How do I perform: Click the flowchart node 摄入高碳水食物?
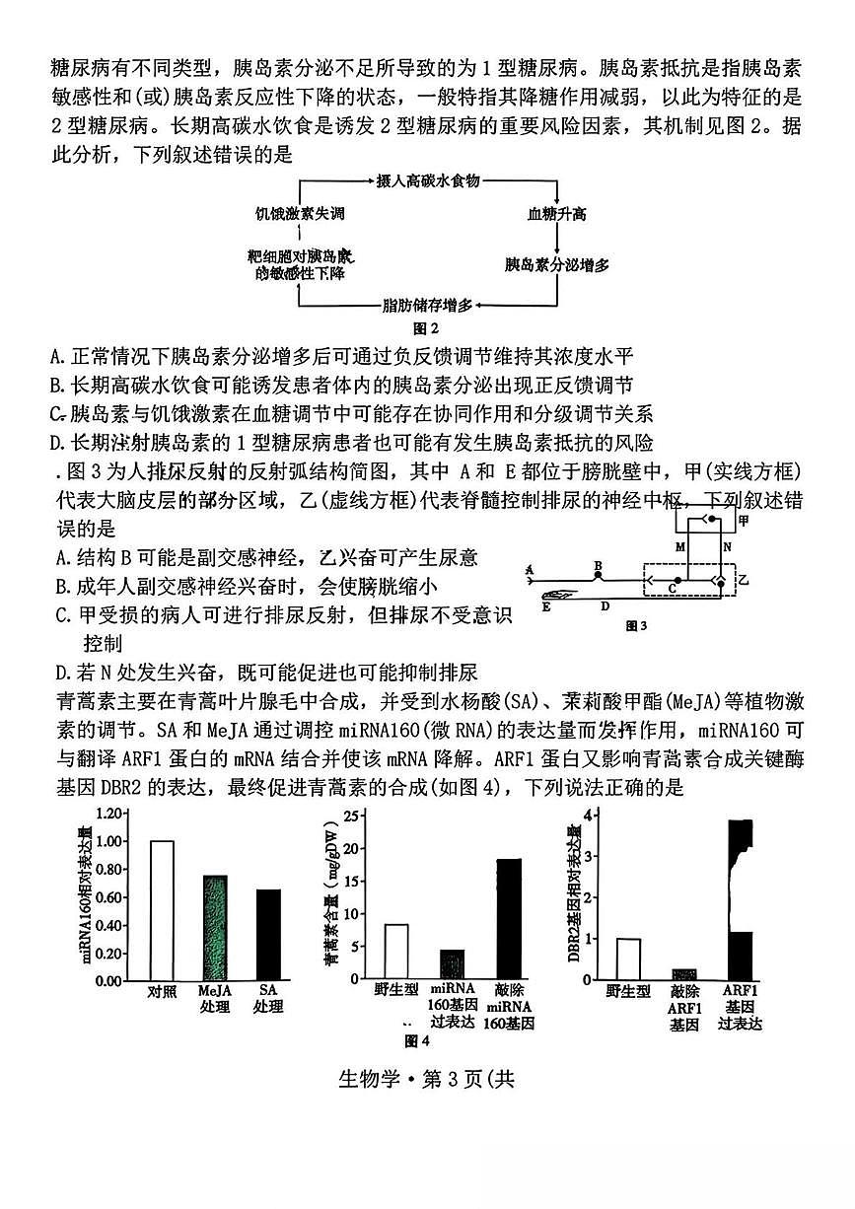(x=427, y=180)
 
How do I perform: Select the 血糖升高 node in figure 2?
(x=556, y=213)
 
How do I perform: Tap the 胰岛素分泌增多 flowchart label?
(x=556, y=264)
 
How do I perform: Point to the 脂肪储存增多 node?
(x=427, y=305)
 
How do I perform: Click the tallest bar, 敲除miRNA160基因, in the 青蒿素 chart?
(x=508, y=918)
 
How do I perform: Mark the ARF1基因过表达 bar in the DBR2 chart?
(x=740, y=898)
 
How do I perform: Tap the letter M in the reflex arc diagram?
(x=679, y=545)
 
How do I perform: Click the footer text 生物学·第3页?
(x=427, y=1078)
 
